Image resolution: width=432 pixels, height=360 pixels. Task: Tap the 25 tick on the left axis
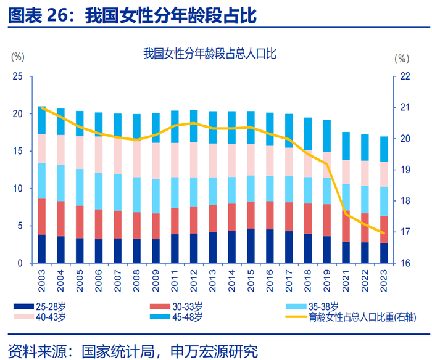17,76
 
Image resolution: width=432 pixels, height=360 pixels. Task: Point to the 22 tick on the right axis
405,76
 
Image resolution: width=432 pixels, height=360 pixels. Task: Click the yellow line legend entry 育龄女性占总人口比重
362,317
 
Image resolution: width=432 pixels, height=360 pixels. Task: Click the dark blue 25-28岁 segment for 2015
251,246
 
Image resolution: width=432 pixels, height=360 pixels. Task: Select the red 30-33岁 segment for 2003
42,216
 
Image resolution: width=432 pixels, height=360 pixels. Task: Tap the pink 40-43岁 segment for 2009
156,161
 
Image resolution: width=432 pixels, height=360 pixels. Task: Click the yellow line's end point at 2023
384,233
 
